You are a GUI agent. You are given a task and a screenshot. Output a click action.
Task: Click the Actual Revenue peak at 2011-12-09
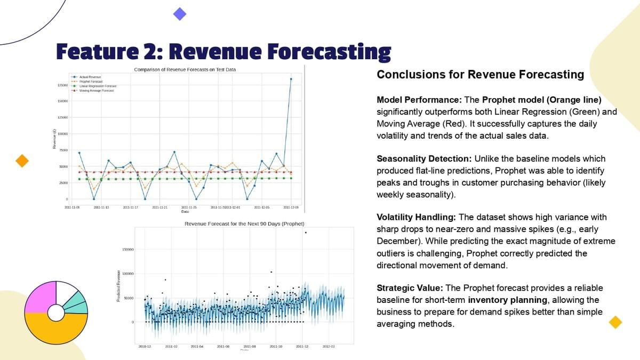(x=291, y=79)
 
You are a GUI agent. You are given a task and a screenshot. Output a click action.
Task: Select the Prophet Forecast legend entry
(x=87, y=82)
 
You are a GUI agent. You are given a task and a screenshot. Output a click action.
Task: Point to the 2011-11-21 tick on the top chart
(x=160, y=206)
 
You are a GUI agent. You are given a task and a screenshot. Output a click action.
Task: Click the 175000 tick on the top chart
(x=62, y=85)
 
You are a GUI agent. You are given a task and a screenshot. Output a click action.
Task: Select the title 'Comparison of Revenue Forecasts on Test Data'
(x=185, y=69)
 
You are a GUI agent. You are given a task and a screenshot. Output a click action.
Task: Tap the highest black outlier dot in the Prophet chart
(x=306, y=233)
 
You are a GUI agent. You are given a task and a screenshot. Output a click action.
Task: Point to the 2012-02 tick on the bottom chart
(x=329, y=346)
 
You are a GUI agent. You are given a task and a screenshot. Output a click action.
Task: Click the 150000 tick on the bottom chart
(x=128, y=250)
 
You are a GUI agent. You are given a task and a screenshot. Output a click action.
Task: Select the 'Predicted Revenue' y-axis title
(x=118, y=286)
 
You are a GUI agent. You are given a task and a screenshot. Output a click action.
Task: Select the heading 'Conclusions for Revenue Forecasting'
(x=480, y=75)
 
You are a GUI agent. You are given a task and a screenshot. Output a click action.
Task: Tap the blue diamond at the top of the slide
(x=180, y=14)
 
